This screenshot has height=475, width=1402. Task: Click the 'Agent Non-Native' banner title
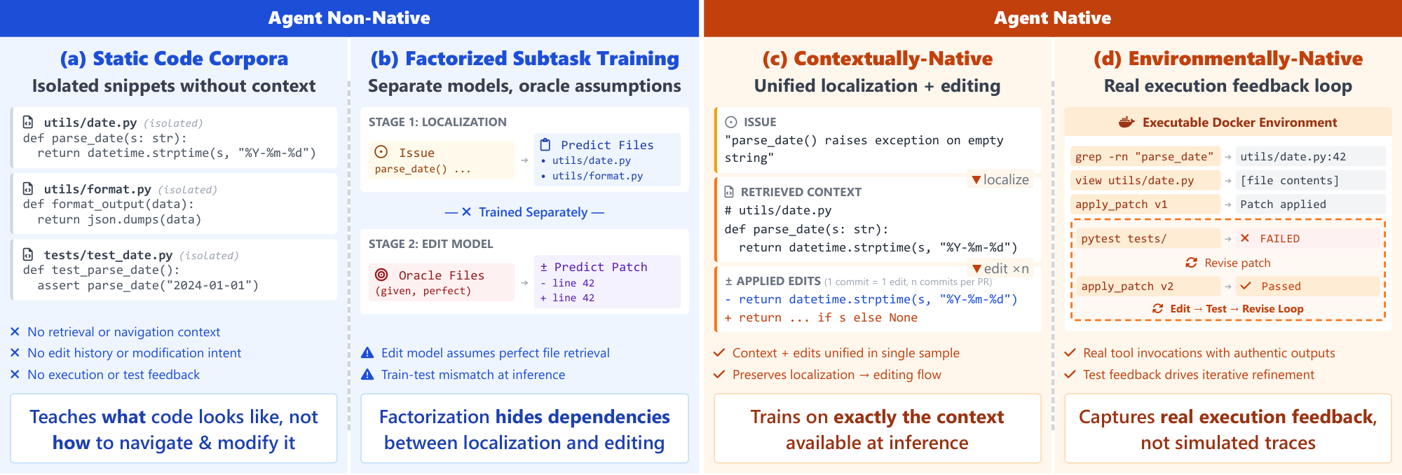tap(349, 18)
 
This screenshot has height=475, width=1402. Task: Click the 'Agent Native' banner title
tap(1052, 18)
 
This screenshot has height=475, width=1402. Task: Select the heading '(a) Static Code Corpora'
tap(174, 59)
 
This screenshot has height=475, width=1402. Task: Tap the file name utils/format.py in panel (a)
tap(97, 189)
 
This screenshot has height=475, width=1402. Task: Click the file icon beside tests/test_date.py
tap(28, 255)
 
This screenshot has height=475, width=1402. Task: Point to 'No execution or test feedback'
tap(114, 375)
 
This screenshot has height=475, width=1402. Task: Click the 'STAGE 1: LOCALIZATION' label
tap(437, 122)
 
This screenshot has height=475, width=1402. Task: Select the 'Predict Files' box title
tap(607, 145)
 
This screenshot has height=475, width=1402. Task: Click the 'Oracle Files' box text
tap(441, 275)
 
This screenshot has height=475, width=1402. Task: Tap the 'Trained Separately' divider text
tap(533, 212)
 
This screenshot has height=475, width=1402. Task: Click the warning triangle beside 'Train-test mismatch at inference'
tap(367, 375)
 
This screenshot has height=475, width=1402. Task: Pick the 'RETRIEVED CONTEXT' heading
tap(801, 192)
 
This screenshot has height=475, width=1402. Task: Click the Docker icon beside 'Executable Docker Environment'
tap(1127, 123)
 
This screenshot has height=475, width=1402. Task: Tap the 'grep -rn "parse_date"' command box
tap(1144, 157)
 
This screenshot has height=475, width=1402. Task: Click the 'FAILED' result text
tap(1279, 239)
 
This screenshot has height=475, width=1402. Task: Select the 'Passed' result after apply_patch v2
tap(1281, 287)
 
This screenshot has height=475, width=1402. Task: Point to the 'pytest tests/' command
tap(1124, 239)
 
